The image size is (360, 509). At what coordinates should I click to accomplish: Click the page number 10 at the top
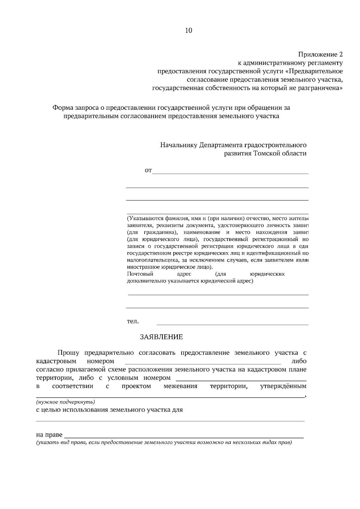(189, 30)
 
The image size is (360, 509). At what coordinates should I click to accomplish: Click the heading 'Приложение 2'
(320, 55)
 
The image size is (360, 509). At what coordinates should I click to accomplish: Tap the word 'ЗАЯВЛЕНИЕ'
(161, 337)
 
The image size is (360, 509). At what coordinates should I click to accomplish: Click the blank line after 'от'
(230, 172)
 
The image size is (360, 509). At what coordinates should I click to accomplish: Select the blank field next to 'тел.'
(232, 323)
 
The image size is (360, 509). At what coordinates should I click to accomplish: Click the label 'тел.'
(133, 321)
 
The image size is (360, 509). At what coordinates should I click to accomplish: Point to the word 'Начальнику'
(178, 145)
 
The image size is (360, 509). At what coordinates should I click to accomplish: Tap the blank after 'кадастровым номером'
(202, 362)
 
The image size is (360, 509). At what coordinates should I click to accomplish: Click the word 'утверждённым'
(283, 386)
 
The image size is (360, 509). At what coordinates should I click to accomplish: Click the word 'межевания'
(180, 386)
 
